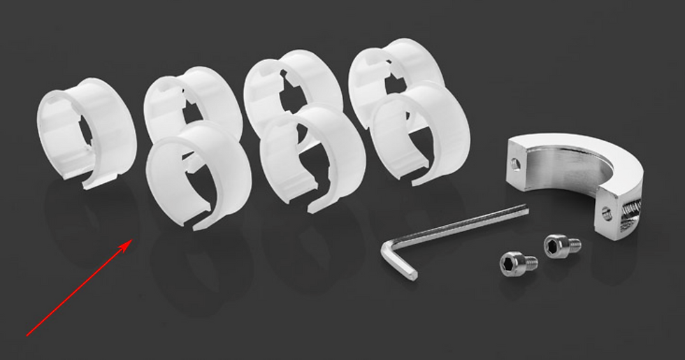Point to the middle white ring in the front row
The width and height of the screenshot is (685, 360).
[x=312, y=157]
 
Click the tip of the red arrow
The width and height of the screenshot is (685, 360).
[x=133, y=240]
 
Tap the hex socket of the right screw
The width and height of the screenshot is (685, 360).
[x=554, y=245]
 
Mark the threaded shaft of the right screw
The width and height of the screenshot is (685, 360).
[x=573, y=245]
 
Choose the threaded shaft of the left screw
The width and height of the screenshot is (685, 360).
[x=529, y=264]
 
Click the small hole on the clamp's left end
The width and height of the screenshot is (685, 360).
[x=516, y=163]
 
